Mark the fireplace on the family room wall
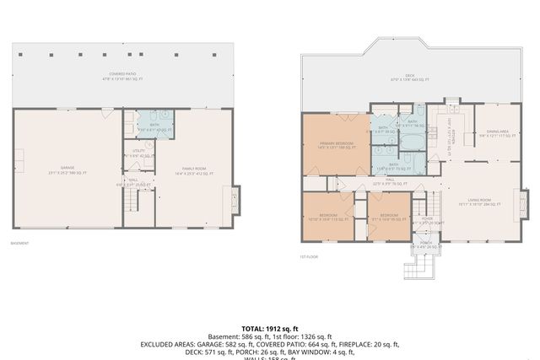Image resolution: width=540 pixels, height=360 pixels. (235, 200)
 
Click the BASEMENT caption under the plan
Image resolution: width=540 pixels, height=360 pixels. (19, 244)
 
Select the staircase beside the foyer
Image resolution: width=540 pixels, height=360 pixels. (420, 207)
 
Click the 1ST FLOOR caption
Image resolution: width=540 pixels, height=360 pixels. (308, 256)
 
